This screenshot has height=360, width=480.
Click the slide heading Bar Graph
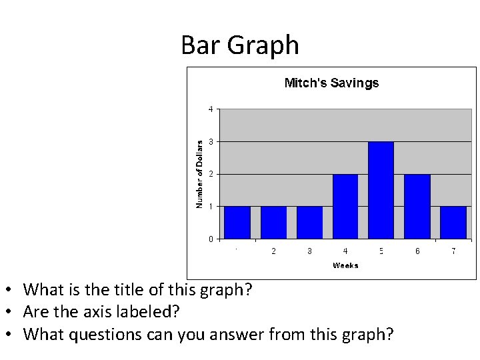point(240,45)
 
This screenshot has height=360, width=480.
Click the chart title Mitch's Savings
point(331,83)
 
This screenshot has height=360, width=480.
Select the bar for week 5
point(381,190)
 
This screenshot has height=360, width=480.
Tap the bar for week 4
point(345,207)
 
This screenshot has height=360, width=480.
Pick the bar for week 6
point(417,207)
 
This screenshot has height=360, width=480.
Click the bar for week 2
point(273,223)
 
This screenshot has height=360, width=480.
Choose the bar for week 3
point(309,223)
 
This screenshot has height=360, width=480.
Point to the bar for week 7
point(453,223)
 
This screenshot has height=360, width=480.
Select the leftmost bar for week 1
point(237,223)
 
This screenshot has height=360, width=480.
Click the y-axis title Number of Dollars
point(199,173)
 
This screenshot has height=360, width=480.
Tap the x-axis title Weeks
point(345,265)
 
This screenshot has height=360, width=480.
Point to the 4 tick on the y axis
point(211,109)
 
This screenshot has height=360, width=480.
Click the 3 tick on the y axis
point(211,141)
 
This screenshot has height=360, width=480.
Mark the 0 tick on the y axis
point(211,239)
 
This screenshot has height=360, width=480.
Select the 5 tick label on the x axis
point(381,251)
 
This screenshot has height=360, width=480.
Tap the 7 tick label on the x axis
point(453,251)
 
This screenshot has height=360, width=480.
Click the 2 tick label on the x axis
point(273,251)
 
